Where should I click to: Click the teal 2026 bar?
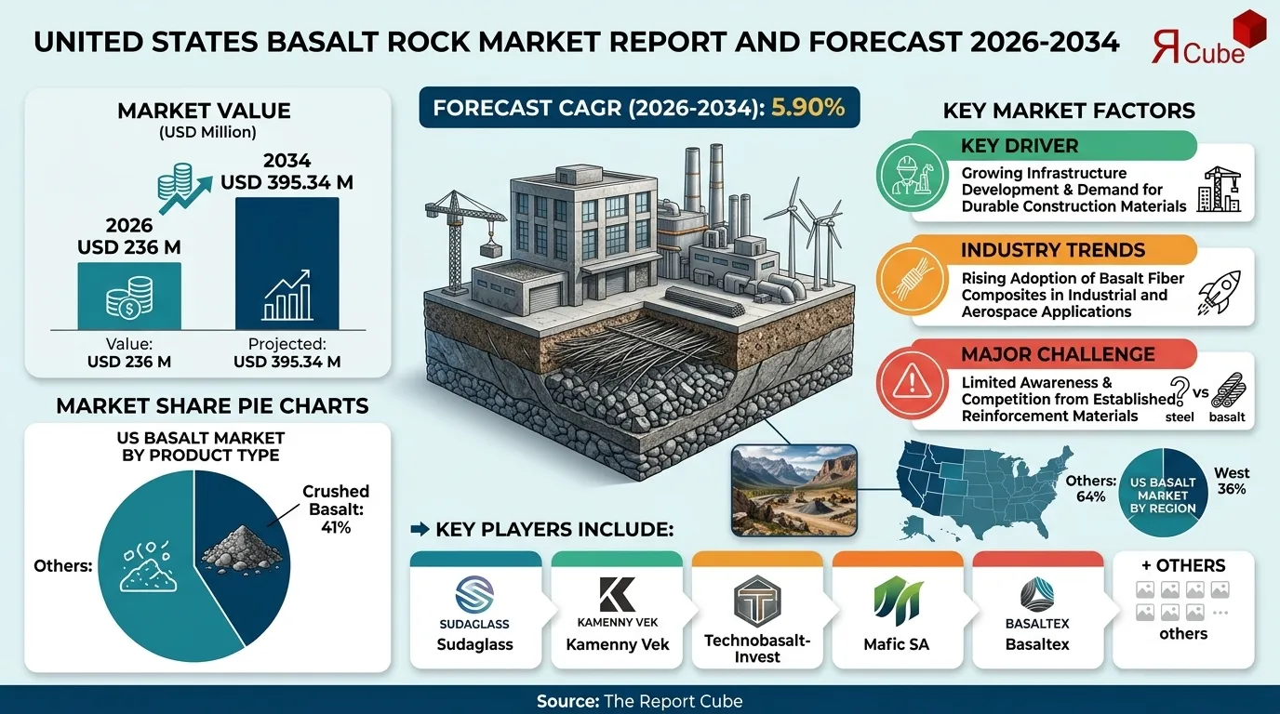(129, 295)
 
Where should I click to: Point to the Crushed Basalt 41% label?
(335, 509)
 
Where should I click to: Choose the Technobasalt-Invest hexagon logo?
(757, 601)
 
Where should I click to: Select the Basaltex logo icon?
(1037, 594)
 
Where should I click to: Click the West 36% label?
(1231, 481)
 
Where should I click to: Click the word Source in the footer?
(567, 700)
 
